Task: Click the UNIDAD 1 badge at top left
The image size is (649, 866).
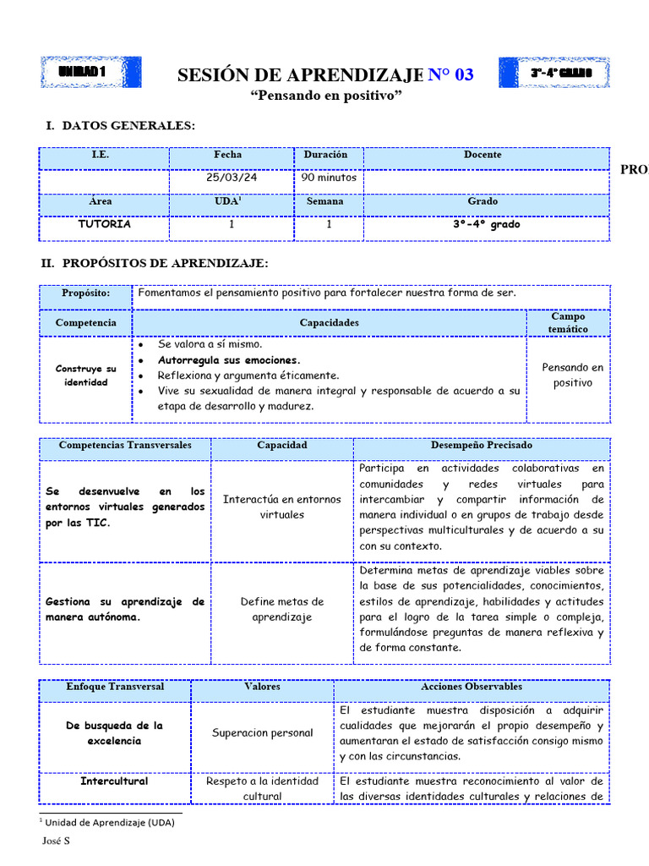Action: point(90,73)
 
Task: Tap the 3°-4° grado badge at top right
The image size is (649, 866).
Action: point(554,73)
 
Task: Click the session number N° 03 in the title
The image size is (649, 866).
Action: point(450,75)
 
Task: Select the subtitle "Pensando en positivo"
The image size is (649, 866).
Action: point(325,96)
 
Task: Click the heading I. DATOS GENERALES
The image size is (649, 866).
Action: point(120,126)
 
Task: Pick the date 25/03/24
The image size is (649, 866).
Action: point(228,178)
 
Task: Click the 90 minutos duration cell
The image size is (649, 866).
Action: point(329,178)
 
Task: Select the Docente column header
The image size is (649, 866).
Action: point(483,156)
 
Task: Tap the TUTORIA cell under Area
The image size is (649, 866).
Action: point(104,225)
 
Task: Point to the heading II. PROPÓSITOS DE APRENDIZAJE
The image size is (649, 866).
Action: point(155,264)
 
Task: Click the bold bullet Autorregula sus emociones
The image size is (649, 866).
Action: point(229,360)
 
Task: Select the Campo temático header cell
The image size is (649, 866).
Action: point(567,322)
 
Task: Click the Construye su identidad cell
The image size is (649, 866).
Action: point(86,375)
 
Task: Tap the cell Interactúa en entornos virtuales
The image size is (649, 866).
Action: point(282,507)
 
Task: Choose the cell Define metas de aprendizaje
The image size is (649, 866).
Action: point(282,609)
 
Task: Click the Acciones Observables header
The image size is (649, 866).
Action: point(471,688)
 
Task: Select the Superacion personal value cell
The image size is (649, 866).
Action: point(263,733)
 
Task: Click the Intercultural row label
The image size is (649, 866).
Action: point(114,781)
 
